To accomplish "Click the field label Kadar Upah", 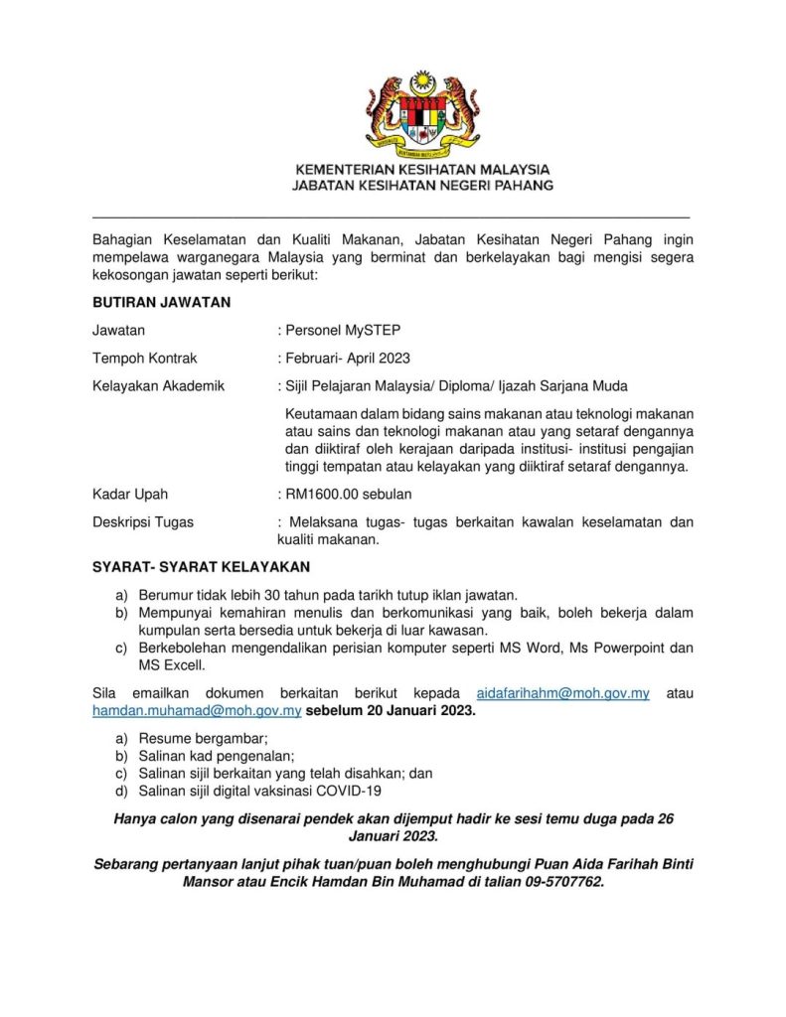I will click(130, 494).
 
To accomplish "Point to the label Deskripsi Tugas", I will click(143, 522).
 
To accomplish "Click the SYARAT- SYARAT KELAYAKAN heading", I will click(201, 567).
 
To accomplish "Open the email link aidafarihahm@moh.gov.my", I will click(563, 693).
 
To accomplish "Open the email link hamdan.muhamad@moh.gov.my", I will click(197, 711).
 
